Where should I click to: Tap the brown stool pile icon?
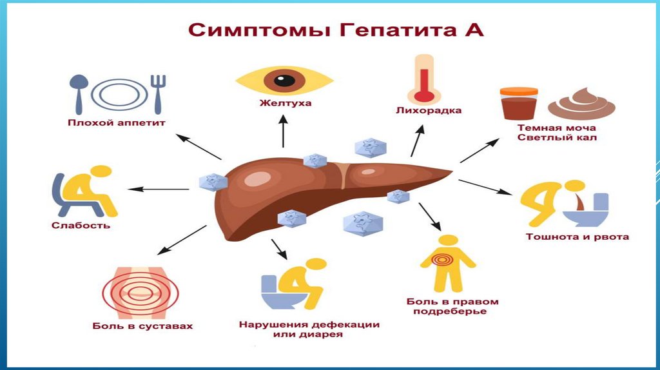click(x=581, y=105)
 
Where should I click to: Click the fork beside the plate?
click(x=157, y=92)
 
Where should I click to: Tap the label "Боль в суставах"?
click(x=142, y=326)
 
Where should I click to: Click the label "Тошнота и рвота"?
click(x=577, y=237)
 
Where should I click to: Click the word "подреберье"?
click(x=452, y=312)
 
